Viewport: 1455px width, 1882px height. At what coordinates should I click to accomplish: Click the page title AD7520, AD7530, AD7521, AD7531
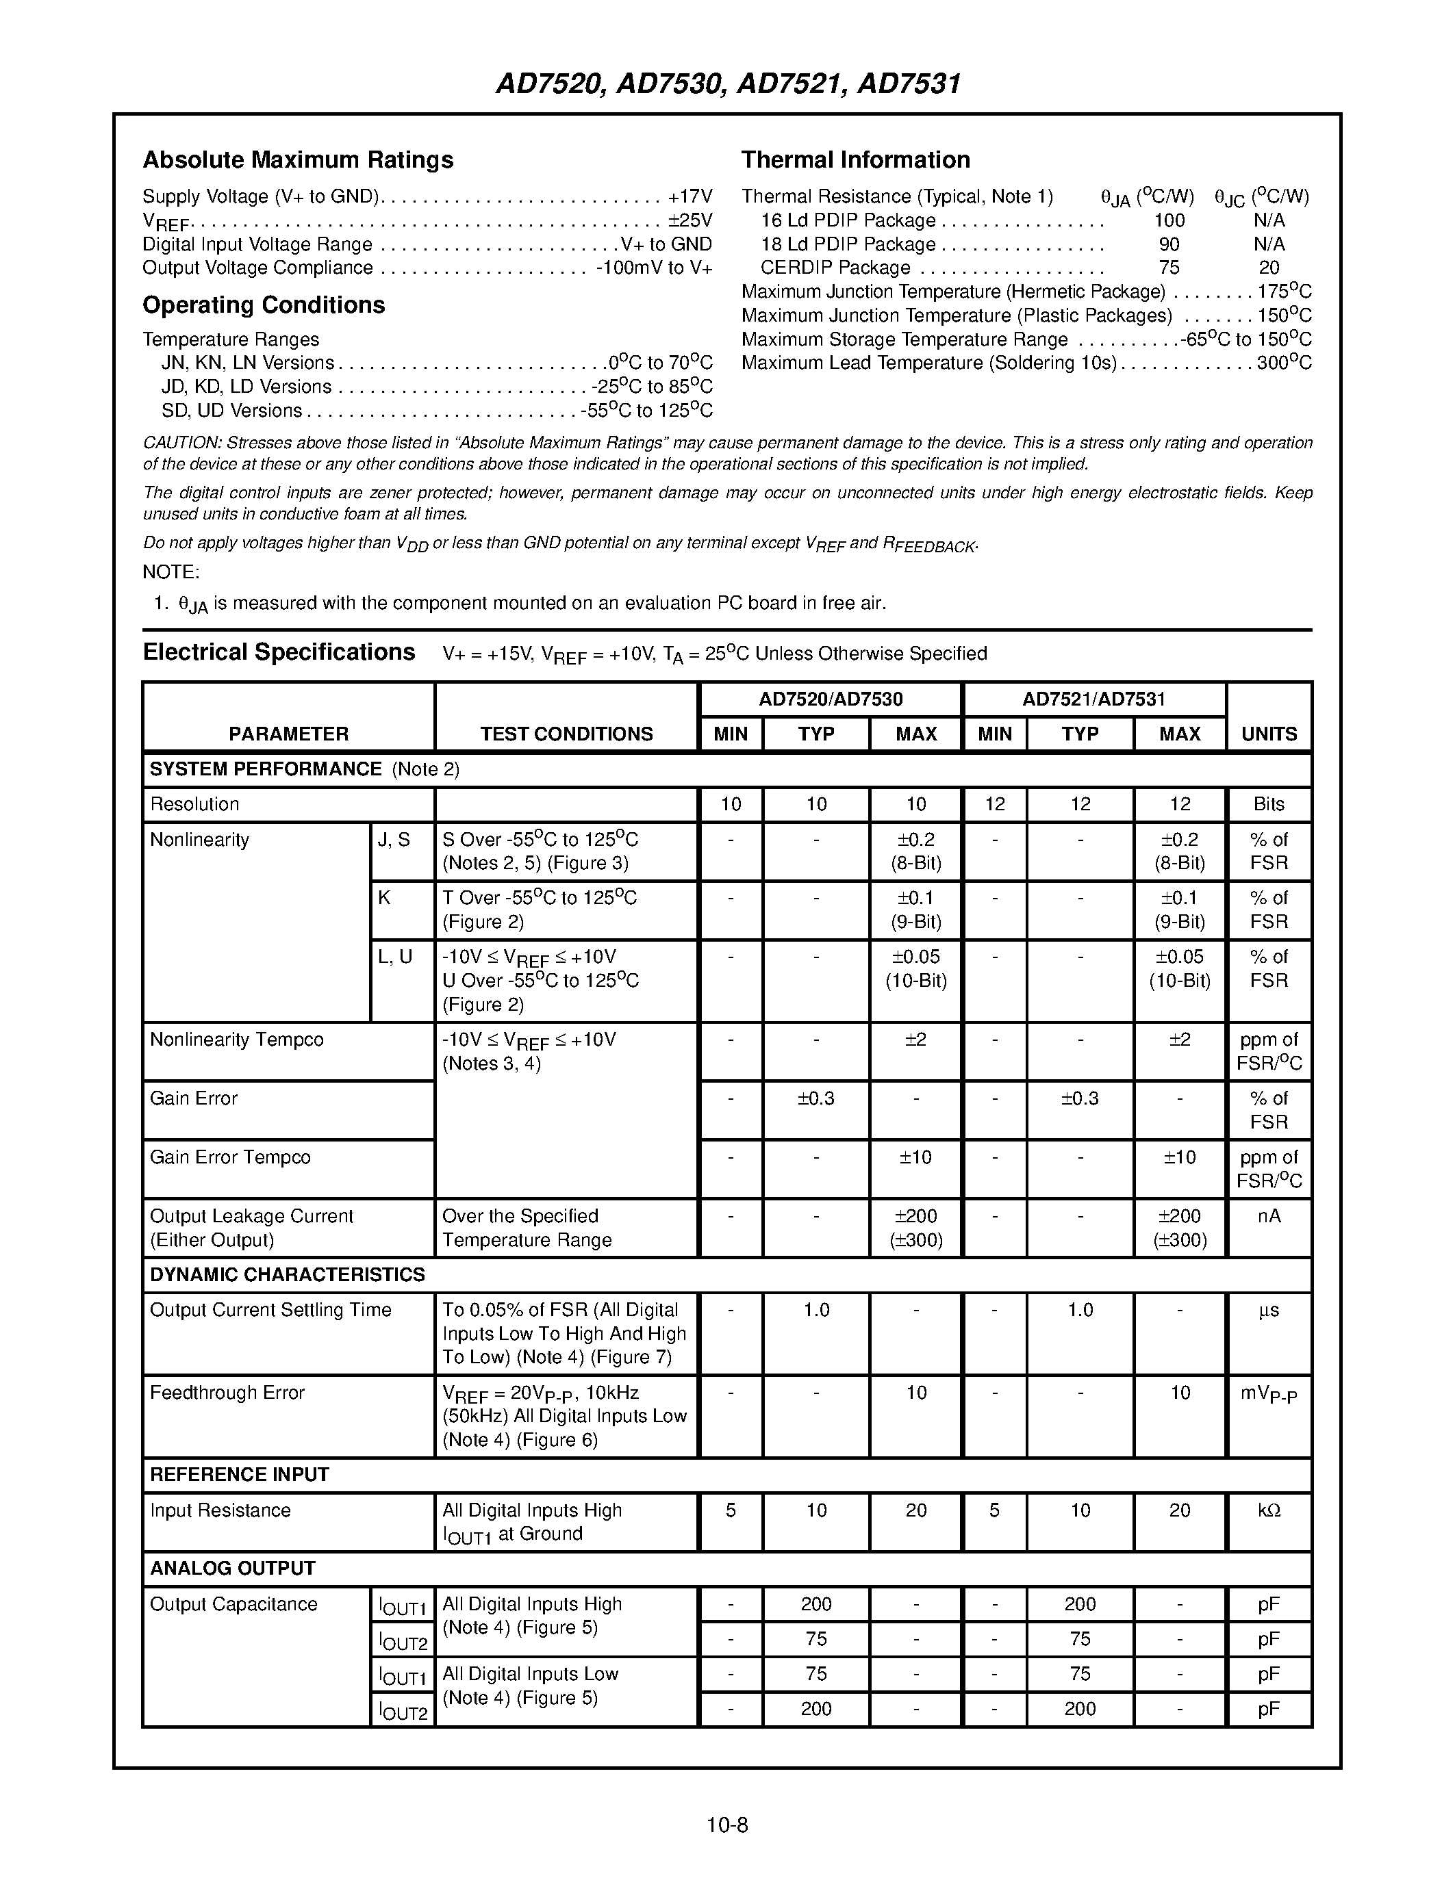(x=727, y=83)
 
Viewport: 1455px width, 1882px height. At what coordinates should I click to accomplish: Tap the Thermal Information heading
(x=855, y=159)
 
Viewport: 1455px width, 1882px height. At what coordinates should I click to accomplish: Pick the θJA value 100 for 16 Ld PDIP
(x=1169, y=220)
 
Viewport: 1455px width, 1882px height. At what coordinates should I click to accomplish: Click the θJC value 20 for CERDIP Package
(x=1268, y=268)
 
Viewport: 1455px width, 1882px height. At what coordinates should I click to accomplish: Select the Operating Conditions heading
(x=263, y=305)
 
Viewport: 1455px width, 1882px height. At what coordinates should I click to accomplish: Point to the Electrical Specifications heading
(x=279, y=652)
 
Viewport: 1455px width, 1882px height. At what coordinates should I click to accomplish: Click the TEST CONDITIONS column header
(x=566, y=734)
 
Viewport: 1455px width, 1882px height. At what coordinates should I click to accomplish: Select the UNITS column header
(x=1268, y=734)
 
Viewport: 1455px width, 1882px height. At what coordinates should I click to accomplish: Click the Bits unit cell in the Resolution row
(x=1268, y=804)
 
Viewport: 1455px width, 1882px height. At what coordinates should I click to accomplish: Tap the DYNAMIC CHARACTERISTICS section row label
(x=287, y=1274)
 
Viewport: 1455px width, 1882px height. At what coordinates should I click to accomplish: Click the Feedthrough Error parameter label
(x=227, y=1393)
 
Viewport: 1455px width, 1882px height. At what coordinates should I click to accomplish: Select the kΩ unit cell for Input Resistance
(x=1268, y=1510)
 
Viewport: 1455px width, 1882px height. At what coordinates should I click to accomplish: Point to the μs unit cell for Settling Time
(x=1268, y=1310)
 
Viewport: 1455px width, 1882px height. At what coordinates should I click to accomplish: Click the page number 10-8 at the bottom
(x=726, y=1825)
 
